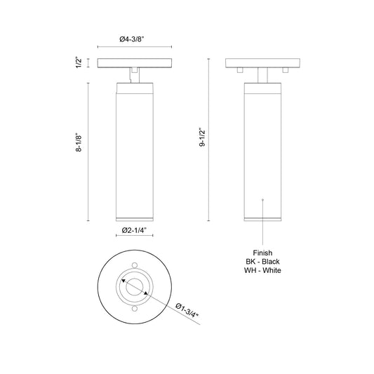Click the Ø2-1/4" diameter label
pos(133,230)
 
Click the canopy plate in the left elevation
pos(133,63)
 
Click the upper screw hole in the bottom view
pos(133,266)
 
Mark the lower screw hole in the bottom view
pos(133,308)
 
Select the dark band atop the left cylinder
pos(133,88)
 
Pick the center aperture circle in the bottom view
pos(133,287)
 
